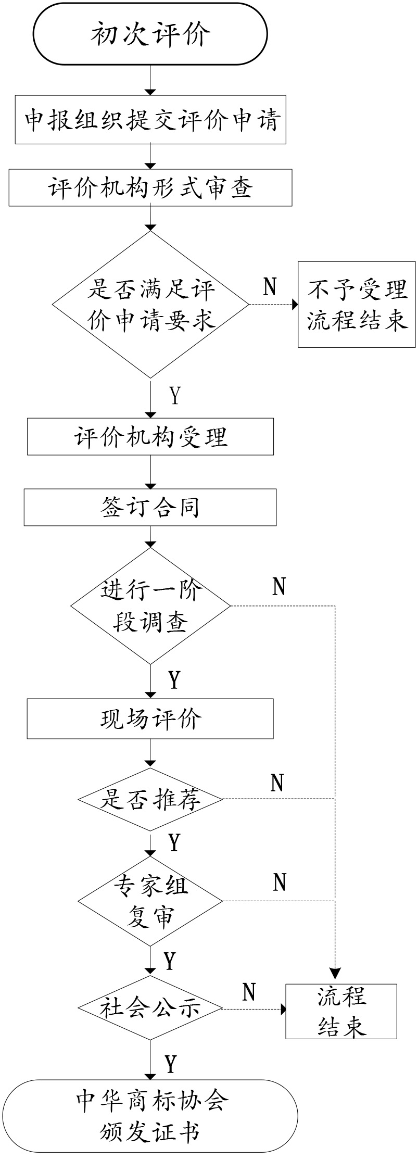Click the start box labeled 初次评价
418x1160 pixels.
[150, 34]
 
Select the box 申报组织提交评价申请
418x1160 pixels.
[150, 120]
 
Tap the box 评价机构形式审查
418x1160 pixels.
[150, 187]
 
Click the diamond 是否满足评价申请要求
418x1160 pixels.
[150, 305]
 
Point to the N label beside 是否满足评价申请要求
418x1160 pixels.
[270, 286]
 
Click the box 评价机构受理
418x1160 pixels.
[150, 436]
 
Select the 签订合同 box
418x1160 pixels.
[150, 507]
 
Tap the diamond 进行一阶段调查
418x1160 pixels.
[150, 606]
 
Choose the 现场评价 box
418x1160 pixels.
[150, 719]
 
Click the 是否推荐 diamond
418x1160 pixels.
[150, 799]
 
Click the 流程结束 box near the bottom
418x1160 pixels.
[341, 1011]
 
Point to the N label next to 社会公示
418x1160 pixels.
[249, 992]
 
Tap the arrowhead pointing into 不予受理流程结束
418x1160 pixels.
[295, 305]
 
